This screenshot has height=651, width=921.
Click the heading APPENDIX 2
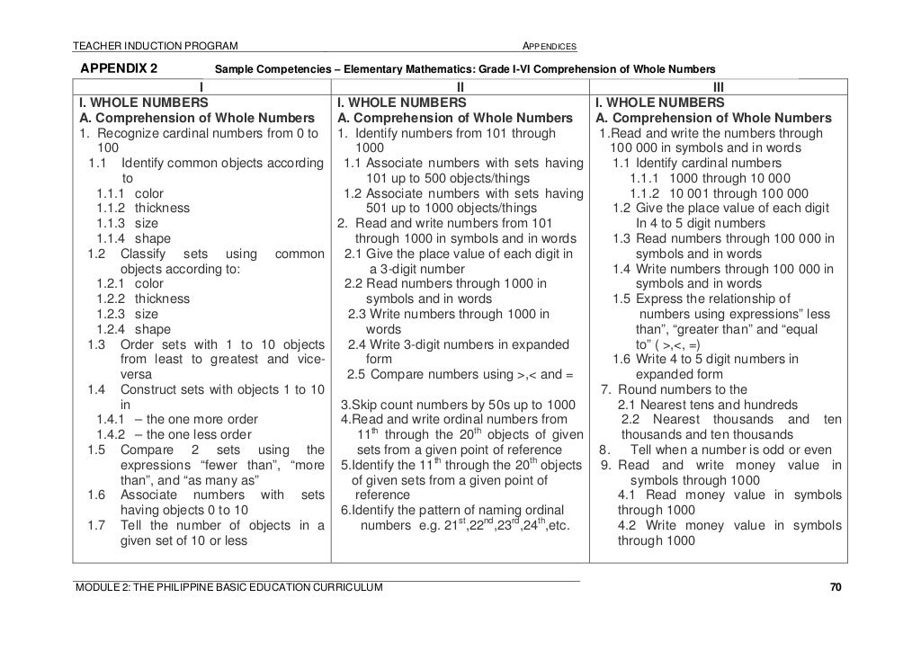[x=120, y=68]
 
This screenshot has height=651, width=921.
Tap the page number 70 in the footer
[x=836, y=588]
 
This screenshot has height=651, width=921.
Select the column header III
[x=718, y=87]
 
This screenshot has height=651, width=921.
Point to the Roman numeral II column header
[x=460, y=87]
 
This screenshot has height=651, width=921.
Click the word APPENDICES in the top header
[x=550, y=47]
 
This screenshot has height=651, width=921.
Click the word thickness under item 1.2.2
[x=162, y=299]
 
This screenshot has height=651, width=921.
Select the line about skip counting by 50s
[x=457, y=405]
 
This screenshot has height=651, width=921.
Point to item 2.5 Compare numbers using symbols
[x=460, y=374]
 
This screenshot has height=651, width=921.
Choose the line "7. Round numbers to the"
[x=674, y=389]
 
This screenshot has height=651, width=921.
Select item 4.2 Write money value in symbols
[x=729, y=525]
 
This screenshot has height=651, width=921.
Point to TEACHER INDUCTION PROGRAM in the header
[x=156, y=47]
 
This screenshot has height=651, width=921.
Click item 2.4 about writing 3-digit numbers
[x=459, y=344]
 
